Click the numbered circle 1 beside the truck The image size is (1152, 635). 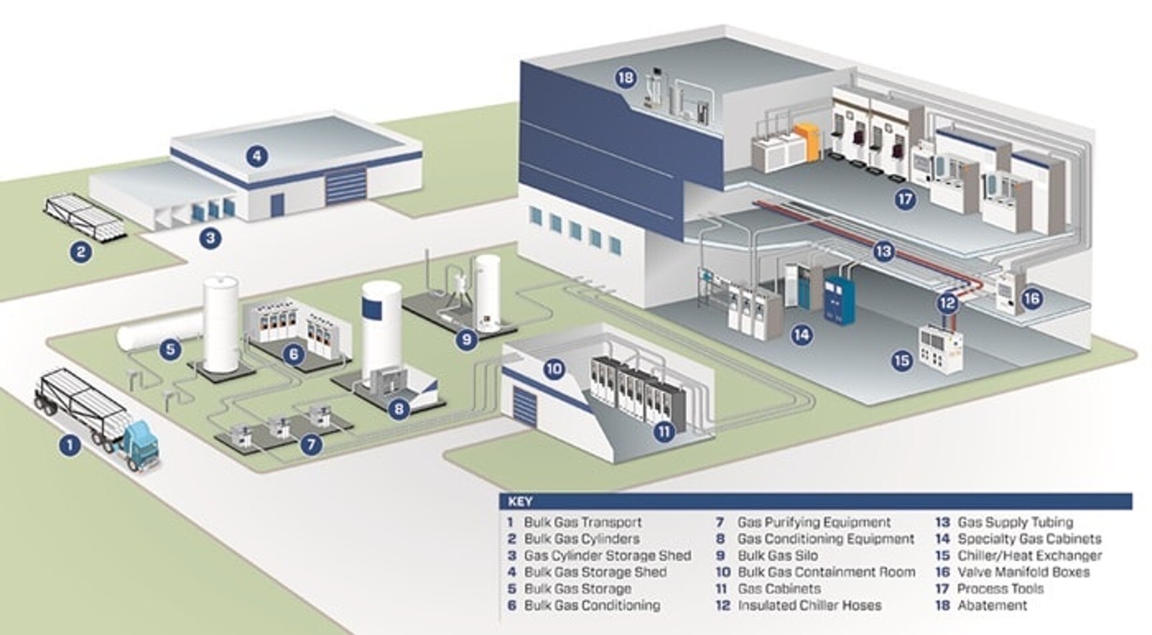click(69, 445)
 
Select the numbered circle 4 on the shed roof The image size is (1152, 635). click(257, 157)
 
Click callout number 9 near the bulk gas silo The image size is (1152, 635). click(466, 339)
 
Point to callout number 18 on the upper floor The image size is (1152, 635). click(626, 78)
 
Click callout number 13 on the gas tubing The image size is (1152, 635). click(883, 251)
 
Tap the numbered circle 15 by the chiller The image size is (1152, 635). click(901, 360)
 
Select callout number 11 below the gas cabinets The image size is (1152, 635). click(664, 432)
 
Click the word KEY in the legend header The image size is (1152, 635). click(520, 502)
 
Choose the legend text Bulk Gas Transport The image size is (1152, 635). click(582, 522)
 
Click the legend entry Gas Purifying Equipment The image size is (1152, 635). click(814, 522)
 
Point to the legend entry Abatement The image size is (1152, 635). click(992, 606)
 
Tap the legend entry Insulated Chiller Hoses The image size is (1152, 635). click(810, 606)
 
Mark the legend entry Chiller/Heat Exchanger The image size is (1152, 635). click(1029, 556)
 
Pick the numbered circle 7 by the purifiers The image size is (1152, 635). click(311, 444)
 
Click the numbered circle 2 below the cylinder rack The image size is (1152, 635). click(81, 251)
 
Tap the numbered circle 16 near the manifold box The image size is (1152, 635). click(1031, 298)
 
